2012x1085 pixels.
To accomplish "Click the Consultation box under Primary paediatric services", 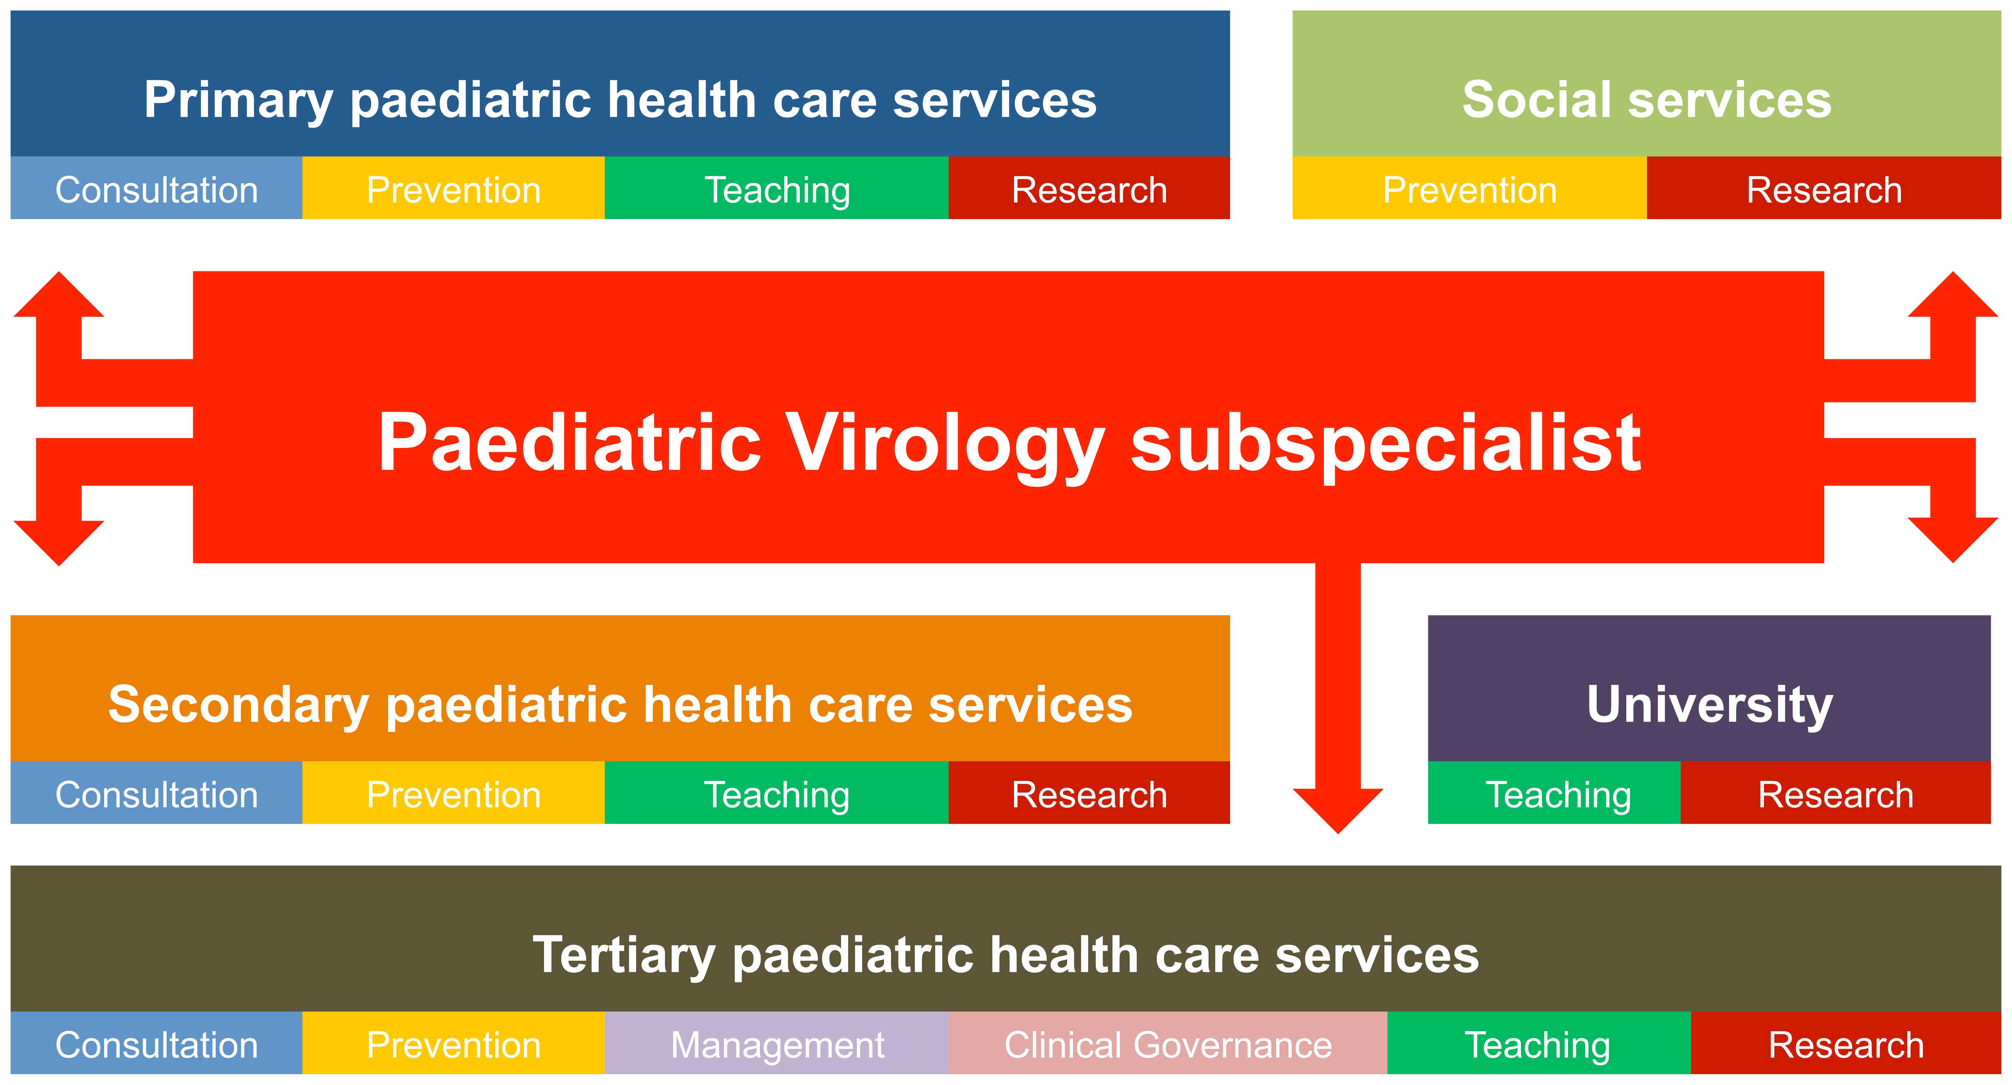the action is click(156, 188).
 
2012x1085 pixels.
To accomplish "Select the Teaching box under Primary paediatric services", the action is click(777, 188).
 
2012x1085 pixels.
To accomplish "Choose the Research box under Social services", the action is click(1824, 188).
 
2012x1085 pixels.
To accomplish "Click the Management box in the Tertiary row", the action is click(777, 1043).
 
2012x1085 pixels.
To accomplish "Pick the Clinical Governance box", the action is click(1168, 1043).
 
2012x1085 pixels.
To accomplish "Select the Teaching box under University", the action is click(1554, 792).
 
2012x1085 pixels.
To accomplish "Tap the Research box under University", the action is click(1836, 792).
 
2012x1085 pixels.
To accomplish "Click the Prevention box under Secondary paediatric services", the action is click(453, 792).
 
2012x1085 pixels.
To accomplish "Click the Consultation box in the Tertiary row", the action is click(156, 1043).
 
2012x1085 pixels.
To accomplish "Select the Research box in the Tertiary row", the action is click(1846, 1043).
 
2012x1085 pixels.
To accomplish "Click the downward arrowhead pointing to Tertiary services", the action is click(1338, 811).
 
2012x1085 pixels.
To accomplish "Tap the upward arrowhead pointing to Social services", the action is click(1953, 295).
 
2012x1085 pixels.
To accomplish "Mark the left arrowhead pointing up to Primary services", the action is click(59, 295).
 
